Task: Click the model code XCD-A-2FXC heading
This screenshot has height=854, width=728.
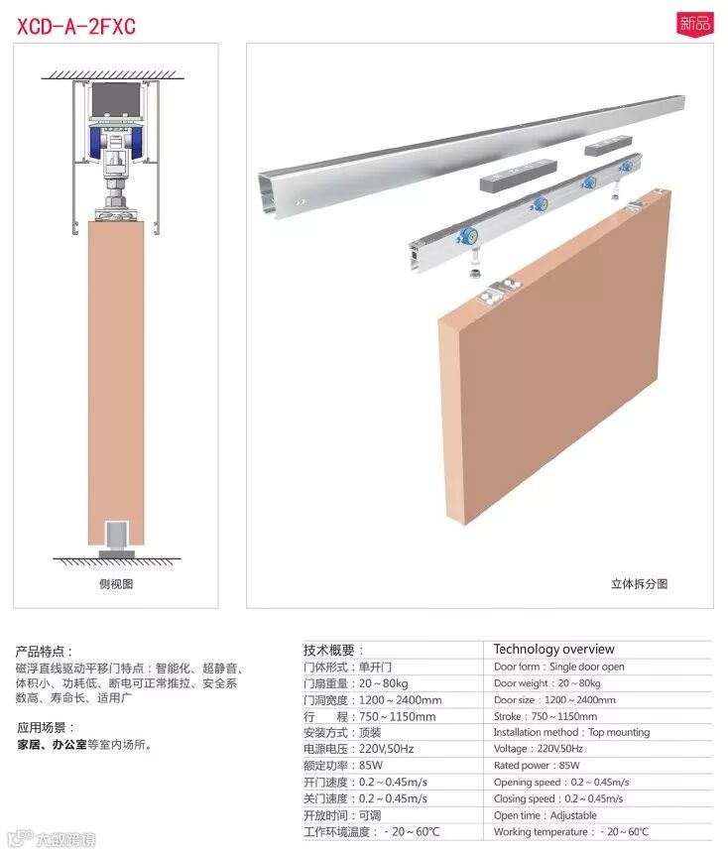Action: pyautogui.click(x=75, y=26)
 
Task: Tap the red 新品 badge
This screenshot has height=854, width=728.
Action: pyautogui.click(x=695, y=24)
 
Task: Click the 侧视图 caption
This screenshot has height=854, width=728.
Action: pyautogui.click(x=116, y=584)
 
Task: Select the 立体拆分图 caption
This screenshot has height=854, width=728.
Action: pyautogui.click(x=640, y=584)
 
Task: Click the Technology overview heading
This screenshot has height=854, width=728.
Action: pyautogui.click(x=553, y=649)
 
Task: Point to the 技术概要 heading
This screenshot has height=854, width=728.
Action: pyautogui.click(x=333, y=650)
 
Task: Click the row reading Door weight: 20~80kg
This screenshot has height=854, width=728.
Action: pyautogui.click(x=547, y=683)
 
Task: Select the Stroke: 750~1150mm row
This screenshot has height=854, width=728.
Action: pyautogui.click(x=546, y=716)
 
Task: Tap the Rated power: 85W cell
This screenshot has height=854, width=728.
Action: pyautogui.click(x=537, y=765)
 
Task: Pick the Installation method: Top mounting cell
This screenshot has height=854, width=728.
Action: pyautogui.click(x=571, y=733)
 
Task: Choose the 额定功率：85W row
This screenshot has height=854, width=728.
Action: pyautogui.click(x=343, y=765)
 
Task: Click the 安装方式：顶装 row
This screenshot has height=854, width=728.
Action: pyautogui.click(x=342, y=733)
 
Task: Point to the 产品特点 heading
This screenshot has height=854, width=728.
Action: pyautogui.click(x=45, y=651)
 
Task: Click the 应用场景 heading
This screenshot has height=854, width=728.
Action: pyautogui.click(x=47, y=727)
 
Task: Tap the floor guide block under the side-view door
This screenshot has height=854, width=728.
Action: pyautogui.click(x=116, y=540)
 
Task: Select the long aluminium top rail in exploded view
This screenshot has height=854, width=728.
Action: pyautogui.click(x=471, y=157)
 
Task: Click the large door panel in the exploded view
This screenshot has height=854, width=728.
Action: pyautogui.click(x=554, y=357)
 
